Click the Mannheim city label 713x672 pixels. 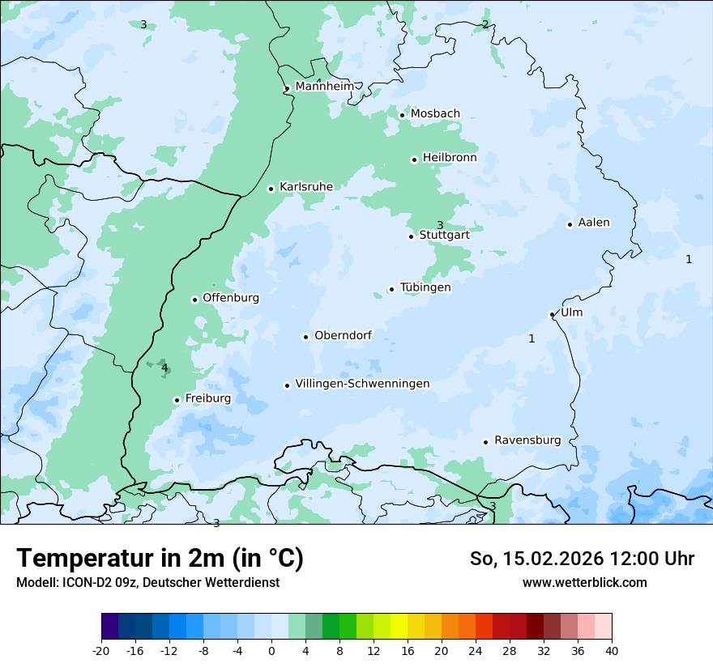pyautogui.click(x=324, y=86)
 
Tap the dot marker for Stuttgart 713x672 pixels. pyautogui.click(x=411, y=236)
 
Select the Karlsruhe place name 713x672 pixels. pyautogui.click(x=305, y=187)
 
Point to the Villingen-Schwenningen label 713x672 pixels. pyautogui.click(x=362, y=384)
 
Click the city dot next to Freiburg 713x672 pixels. pyautogui.click(x=177, y=400)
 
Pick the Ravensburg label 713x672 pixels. pyautogui.click(x=527, y=440)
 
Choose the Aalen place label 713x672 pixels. pyautogui.click(x=593, y=223)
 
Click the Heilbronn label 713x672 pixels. pyautogui.click(x=450, y=158)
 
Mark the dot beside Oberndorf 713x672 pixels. pyautogui.click(x=305, y=337)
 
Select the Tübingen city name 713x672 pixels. pyautogui.click(x=425, y=287)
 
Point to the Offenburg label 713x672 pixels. pyautogui.click(x=231, y=298)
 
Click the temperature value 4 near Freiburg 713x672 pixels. pyautogui.click(x=164, y=368)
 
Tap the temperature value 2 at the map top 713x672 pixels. pyautogui.click(x=485, y=24)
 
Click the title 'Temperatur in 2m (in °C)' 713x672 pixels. pyautogui.click(x=160, y=559)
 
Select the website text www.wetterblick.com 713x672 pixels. pyautogui.click(x=584, y=582)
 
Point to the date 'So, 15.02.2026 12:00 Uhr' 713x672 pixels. pyautogui.click(x=582, y=559)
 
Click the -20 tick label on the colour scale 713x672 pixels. pyautogui.click(x=101, y=651)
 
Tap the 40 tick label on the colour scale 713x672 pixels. pyautogui.click(x=611, y=651)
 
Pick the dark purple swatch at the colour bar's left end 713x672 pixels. pyautogui.click(x=110, y=627)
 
